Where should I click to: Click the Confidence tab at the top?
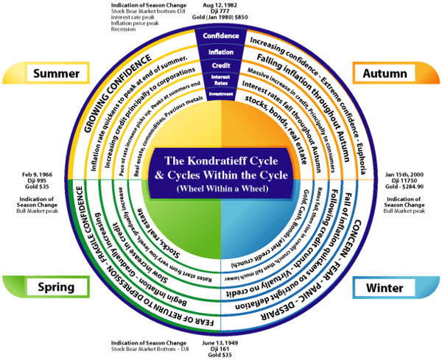(x=221, y=35)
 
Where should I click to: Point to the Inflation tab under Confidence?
(x=221, y=52)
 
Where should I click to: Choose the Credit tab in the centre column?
(x=221, y=66)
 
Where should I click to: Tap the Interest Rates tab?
(x=221, y=80)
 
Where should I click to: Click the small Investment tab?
(x=221, y=93)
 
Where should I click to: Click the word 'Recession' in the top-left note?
(x=124, y=30)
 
